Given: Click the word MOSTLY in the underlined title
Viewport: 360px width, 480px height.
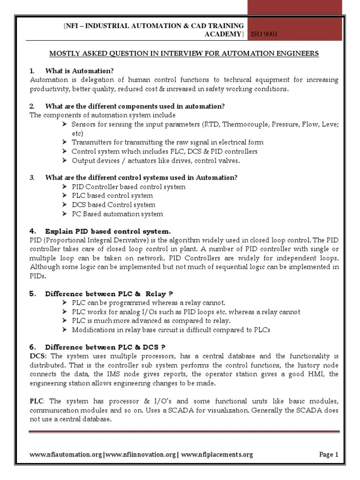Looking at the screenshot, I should [x=65, y=53].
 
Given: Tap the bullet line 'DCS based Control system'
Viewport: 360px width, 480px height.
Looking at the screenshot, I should [x=113, y=205].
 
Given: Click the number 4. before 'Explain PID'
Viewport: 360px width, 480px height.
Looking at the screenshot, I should [x=32, y=231].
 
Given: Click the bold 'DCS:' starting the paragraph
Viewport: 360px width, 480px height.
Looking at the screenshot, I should [x=38, y=356].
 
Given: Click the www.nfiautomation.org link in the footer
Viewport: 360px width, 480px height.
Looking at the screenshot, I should [x=65, y=454].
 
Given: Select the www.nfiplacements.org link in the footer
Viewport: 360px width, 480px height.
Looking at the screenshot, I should [x=217, y=454].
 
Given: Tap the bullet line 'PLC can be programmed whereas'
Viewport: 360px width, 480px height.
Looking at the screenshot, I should [x=149, y=303].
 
